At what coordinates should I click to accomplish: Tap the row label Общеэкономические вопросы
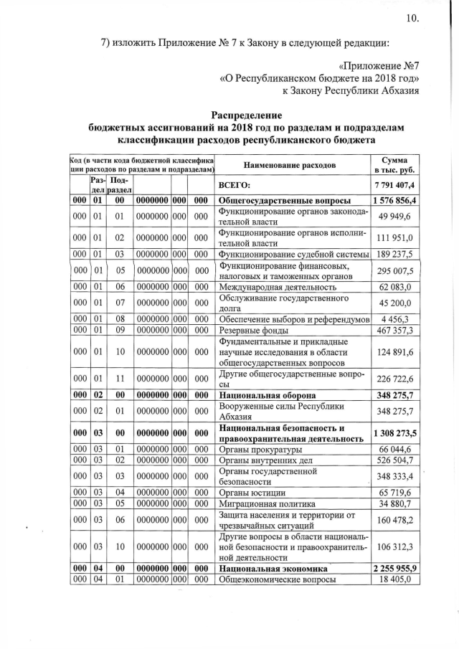[x=277, y=580]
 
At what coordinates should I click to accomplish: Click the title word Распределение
[x=246, y=115]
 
